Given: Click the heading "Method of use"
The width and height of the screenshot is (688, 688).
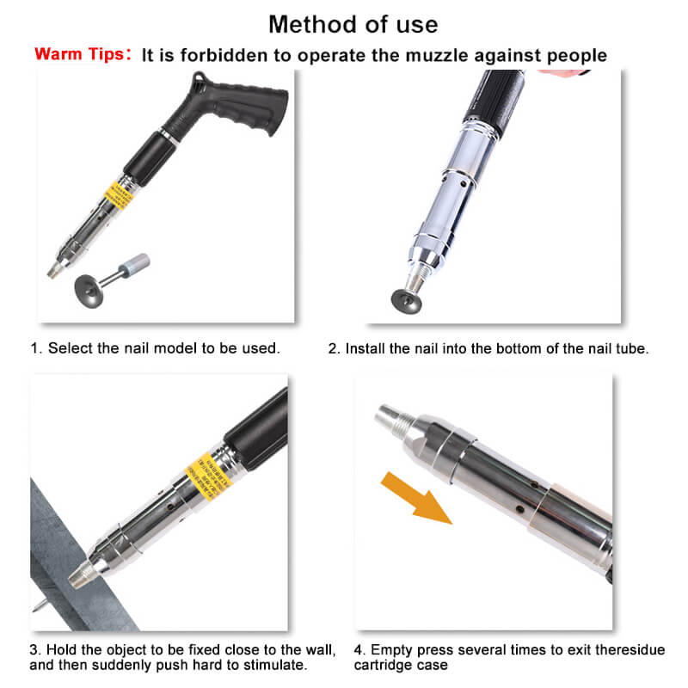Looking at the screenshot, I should [353, 23].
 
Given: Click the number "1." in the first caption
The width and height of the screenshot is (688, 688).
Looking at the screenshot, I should [37, 348].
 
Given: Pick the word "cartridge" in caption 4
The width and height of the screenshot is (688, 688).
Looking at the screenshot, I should [383, 666].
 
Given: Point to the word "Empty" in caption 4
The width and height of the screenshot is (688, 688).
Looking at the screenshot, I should [392, 649].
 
